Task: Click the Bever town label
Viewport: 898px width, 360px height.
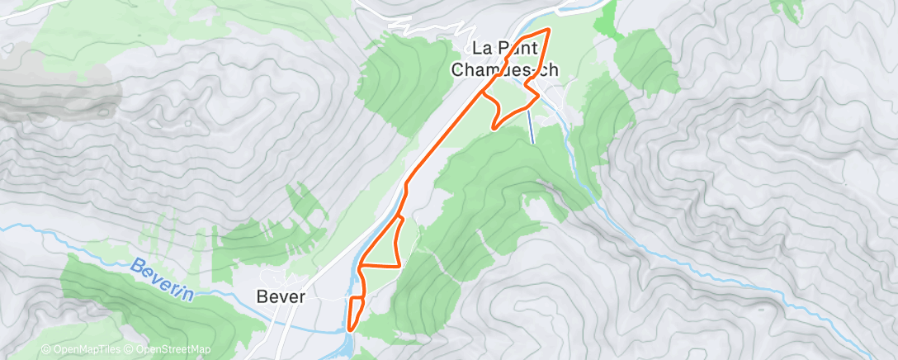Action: coord(281,296)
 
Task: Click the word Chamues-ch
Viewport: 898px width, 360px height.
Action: coord(504,70)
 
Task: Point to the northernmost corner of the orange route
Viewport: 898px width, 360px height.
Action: coord(548,31)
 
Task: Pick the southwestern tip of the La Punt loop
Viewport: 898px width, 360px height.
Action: coord(494,128)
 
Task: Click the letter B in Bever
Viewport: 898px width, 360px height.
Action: coord(262,296)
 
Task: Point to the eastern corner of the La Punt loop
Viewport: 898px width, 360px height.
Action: coord(539,95)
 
